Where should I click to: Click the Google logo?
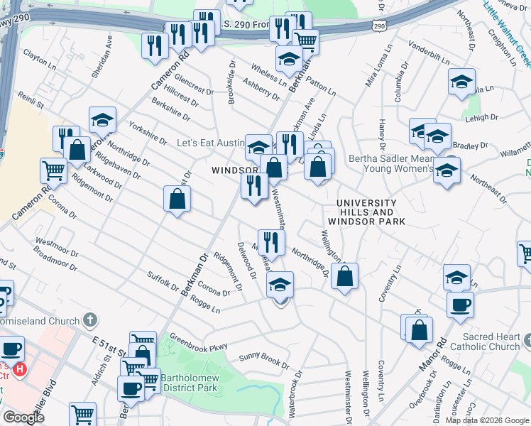[23, 417]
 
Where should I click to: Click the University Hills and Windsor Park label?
[371, 212]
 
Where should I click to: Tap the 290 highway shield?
[378, 26]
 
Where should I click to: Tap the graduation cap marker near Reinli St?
[102, 119]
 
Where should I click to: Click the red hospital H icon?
[21, 370]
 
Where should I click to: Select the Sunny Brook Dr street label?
[263, 361]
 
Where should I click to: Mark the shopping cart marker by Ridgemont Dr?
[54, 170]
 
